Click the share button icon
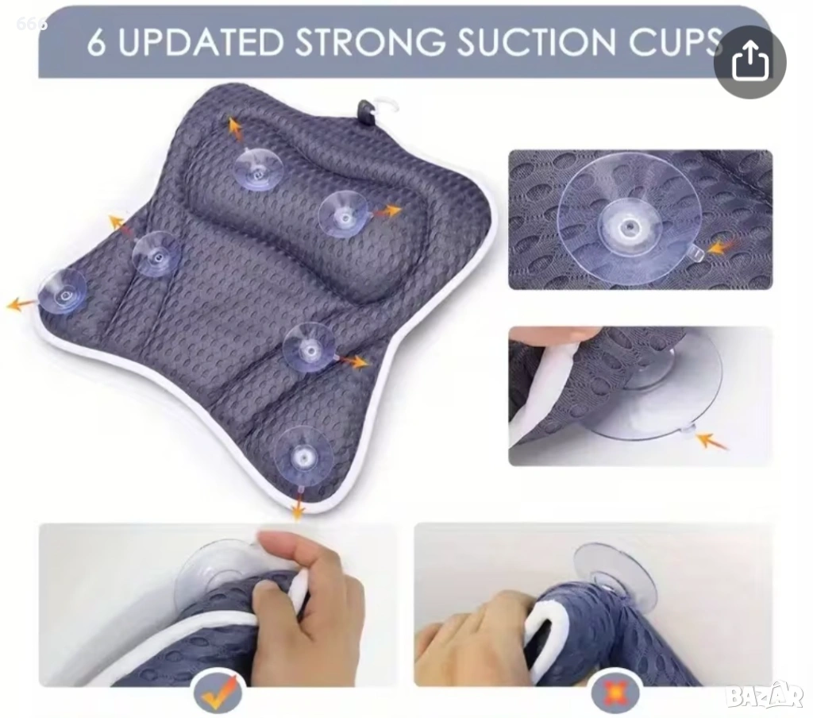(749, 62)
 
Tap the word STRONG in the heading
(370, 41)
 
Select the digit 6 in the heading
(96, 42)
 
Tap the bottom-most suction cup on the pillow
(304, 457)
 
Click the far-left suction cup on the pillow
(63, 292)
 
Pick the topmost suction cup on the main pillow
(258, 167)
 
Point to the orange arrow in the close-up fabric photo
(723, 248)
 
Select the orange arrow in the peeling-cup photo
(711, 442)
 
